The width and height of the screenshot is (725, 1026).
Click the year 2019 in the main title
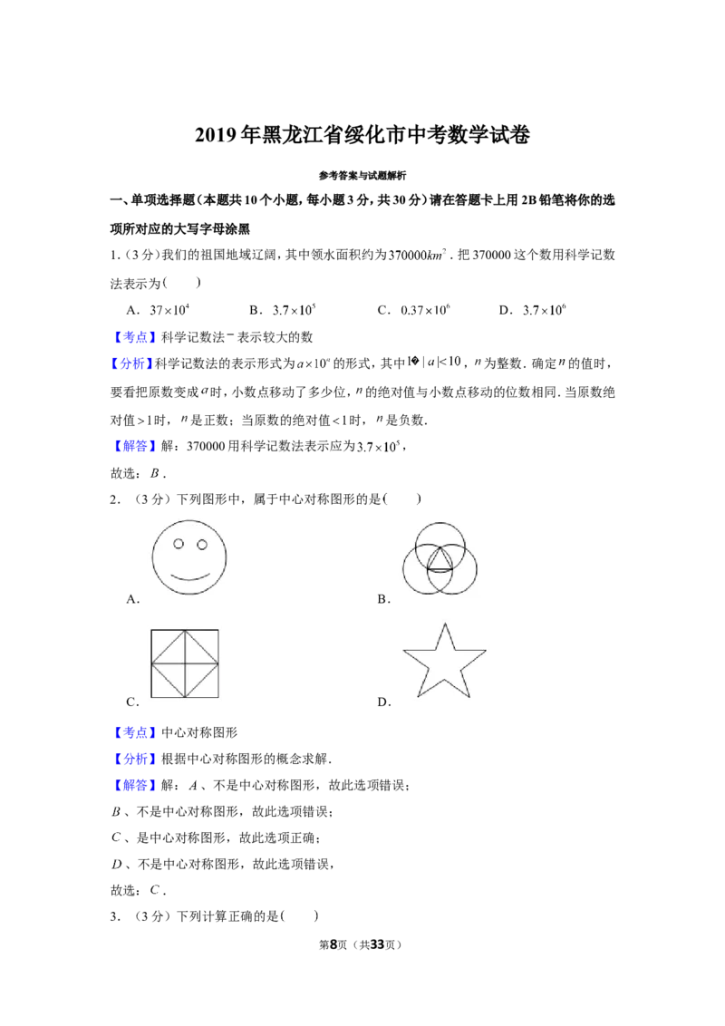click(217, 135)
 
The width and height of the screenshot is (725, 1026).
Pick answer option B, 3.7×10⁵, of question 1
click(283, 309)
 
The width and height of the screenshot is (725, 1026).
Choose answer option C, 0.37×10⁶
click(413, 309)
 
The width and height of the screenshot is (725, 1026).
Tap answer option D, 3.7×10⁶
click(532, 309)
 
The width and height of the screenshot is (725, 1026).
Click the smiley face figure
click(189, 557)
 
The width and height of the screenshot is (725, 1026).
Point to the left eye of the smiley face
click(178, 544)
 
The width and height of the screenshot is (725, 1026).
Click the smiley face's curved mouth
click(189, 577)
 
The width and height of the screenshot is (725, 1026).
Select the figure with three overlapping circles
click(440, 558)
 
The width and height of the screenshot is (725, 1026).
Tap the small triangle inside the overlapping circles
click(440, 561)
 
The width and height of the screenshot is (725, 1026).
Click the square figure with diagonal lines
click(185, 664)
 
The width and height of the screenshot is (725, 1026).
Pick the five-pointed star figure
click(444, 661)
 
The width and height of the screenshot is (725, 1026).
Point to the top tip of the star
click(445, 624)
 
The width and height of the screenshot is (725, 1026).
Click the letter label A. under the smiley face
click(133, 599)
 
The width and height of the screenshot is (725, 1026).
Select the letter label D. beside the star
click(384, 702)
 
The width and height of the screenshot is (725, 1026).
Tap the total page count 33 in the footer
click(377, 944)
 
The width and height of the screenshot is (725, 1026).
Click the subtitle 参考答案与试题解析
click(362, 175)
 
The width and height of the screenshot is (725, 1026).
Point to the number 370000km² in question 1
click(418, 255)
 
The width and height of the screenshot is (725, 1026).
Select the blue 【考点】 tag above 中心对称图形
click(135, 732)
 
